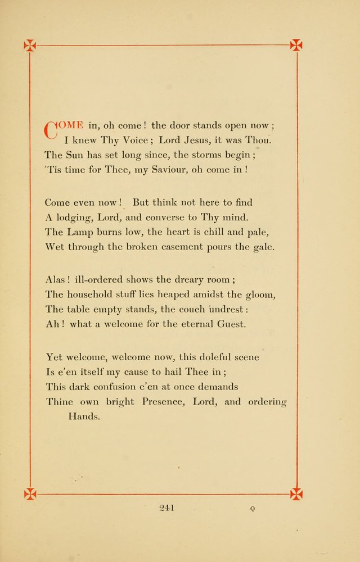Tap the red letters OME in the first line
[x=71, y=125]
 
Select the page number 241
[x=168, y=508]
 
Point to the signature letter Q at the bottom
[x=253, y=509]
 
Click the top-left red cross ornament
[x=30, y=46]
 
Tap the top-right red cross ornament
[x=296, y=45]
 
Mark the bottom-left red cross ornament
[x=30, y=494]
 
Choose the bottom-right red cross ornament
[x=296, y=494]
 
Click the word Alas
[x=56, y=279]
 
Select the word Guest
[x=233, y=324]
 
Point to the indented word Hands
[x=84, y=416]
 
